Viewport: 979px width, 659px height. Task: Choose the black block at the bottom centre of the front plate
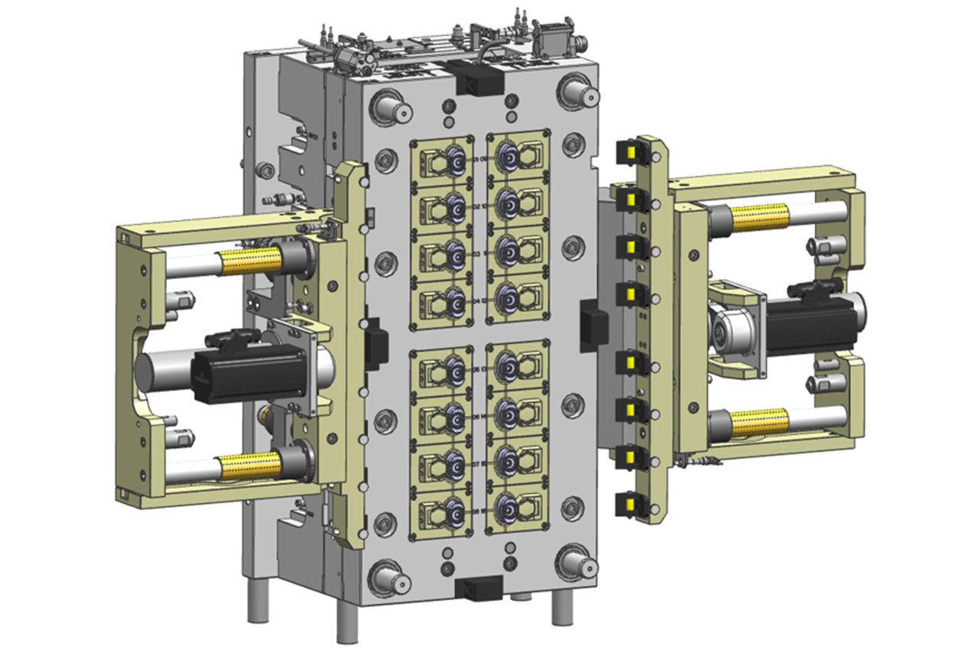(x=477, y=588)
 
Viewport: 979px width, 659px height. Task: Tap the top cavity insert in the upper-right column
(x=518, y=159)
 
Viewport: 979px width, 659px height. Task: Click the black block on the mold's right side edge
(x=594, y=325)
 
